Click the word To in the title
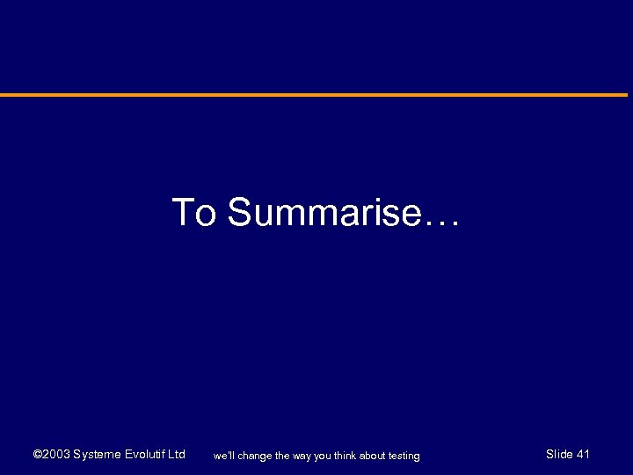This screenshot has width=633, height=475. pyautogui.click(x=193, y=213)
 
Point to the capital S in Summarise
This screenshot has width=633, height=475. pyautogui.click(x=240, y=213)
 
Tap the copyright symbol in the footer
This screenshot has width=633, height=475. pyautogui.click(x=37, y=455)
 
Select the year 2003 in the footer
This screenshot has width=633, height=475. pyautogui.click(x=55, y=455)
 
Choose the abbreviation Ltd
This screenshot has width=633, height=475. pyautogui.click(x=176, y=455)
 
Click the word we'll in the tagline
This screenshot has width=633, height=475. pyautogui.click(x=225, y=456)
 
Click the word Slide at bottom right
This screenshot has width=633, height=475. pyautogui.click(x=559, y=455)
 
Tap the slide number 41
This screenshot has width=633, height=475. pyautogui.click(x=583, y=455)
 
